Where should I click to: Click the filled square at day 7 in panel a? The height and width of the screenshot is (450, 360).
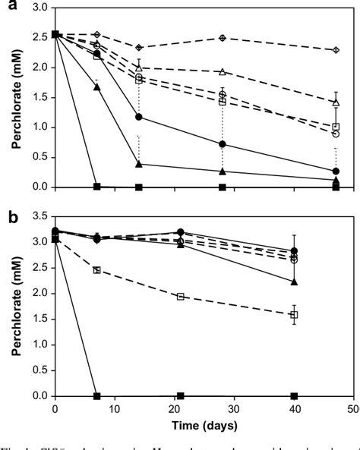click(x=96, y=186)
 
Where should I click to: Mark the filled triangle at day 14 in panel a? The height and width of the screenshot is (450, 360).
click(x=138, y=164)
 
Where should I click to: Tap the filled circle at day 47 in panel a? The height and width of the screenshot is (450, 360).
click(x=336, y=172)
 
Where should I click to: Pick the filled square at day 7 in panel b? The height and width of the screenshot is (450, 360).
click(x=96, y=395)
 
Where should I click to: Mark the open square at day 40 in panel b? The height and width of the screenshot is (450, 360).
click(x=294, y=314)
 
